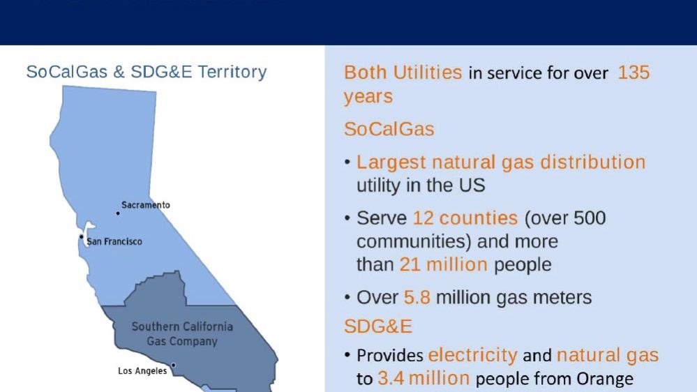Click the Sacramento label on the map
[x=146, y=205]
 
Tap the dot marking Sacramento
[x=118, y=213]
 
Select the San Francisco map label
[x=114, y=242]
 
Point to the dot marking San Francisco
[x=82, y=236]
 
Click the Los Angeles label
[x=142, y=371]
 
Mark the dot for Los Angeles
[x=173, y=365]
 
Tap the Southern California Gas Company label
[x=182, y=334]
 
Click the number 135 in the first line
[x=634, y=73]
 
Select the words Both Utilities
[x=403, y=73]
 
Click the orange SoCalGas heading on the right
[x=389, y=129]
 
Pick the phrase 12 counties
[x=465, y=218]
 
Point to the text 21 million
[x=444, y=264]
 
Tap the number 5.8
[x=417, y=297]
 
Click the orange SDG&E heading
[x=378, y=326]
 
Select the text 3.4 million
[x=424, y=379]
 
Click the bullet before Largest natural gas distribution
[x=347, y=163]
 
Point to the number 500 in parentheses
[x=590, y=218]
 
